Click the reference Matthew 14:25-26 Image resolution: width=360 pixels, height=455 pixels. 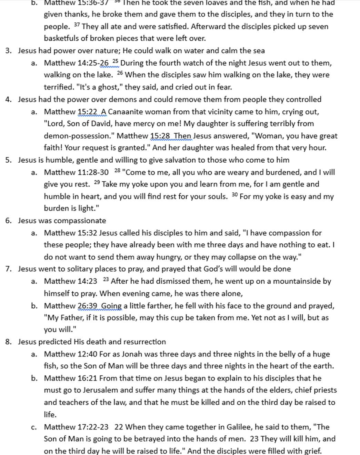click(x=76, y=63)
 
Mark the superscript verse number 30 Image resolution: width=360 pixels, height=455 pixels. click(x=235, y=195)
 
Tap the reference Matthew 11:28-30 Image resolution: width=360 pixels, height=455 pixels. click(x=76, y=172)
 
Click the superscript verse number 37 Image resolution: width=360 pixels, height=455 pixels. click(x=77, y=25)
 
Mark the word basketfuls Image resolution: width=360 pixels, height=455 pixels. click(x=63, y=38)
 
